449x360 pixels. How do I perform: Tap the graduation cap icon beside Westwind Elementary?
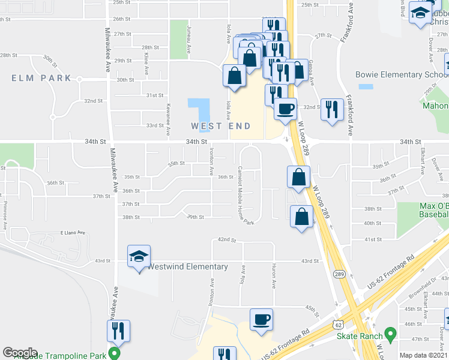coord(139,256)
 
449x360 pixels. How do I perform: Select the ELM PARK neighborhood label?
coord(41,78)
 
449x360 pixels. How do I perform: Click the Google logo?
coord(20,353)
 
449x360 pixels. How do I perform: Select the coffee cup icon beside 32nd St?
coord(285,109)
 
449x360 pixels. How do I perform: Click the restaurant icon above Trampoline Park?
coord(118,331)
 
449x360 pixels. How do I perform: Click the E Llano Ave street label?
coord(73,232)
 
